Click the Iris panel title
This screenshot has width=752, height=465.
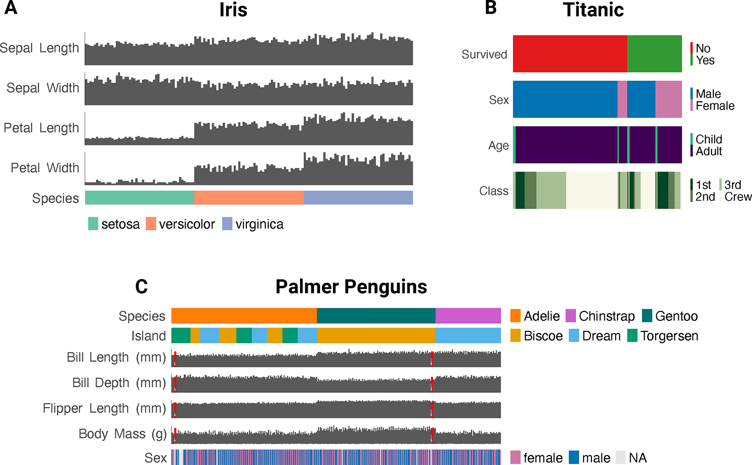[x=233, y=10]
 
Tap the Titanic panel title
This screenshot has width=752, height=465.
[x=593, y=10]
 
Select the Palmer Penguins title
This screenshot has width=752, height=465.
[x=351, y=287]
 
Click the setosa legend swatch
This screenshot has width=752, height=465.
[x=93, y=224]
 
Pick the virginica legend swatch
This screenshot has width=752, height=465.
[x=227, y=224]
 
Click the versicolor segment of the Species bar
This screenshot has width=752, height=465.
[x=249, y=198]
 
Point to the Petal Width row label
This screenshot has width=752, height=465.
[x=45, y=168]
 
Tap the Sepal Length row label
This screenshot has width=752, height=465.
[x=40, y=48]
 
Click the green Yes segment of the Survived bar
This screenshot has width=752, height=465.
[x=654, y=54]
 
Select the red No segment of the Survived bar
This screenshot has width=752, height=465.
[x=570, y=54]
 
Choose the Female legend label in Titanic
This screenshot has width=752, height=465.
[x=715, y=106]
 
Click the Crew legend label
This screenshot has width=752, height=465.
[x=738, y=197]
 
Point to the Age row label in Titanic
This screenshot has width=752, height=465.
[x=498, y=145]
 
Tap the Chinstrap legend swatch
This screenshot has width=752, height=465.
[x=571, y=316]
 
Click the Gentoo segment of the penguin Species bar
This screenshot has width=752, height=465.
[x=376, y=315]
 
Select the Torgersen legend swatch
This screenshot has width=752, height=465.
[x=632, y=336]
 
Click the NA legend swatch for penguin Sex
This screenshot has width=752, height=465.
[x=621, y=457]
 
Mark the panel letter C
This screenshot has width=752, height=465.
[x=141, y=287]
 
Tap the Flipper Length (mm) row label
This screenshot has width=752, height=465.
[x=105, y=409]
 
